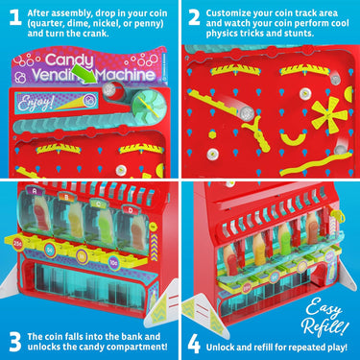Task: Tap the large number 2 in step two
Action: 194,18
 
